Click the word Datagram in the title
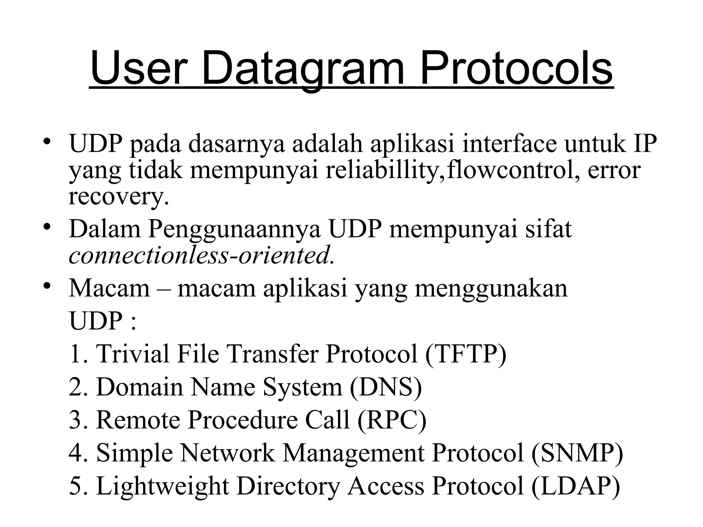click(x=302, y=68)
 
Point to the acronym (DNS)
click(x=386, y=387)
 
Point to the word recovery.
click(x=118, y=197)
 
